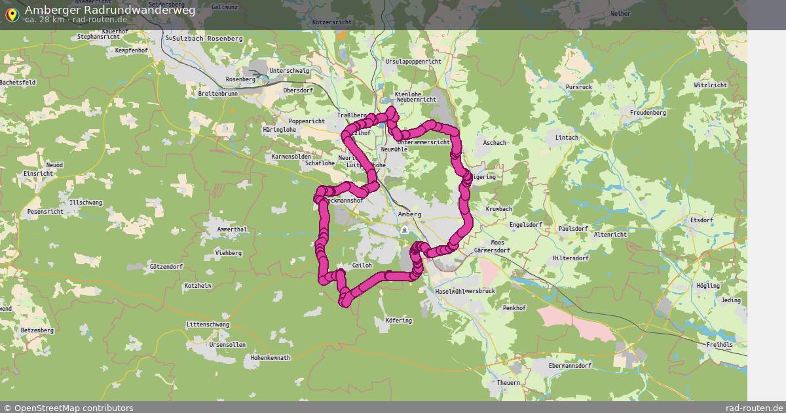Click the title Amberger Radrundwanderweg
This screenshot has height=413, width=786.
pos(109,10)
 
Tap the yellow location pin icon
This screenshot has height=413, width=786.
pos(11,14)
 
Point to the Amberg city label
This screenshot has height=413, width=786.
pos(409,214)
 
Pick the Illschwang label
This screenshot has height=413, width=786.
pos(86,203)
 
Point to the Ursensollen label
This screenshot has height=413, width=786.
pos(227,344)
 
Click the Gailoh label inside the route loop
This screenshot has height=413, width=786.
pos(362,265)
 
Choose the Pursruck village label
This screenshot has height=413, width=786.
pos(578,87)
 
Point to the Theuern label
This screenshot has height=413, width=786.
pos(508,382)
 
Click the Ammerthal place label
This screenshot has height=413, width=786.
pos(232,229)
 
